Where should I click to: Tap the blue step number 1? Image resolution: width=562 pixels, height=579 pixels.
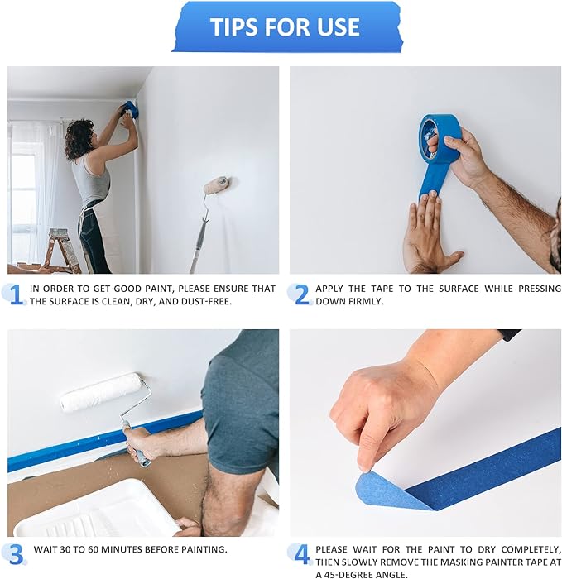pyautogui.click(x=15, y=294)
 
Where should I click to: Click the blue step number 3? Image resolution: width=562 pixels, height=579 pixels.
pyautogui.click(x=15, y=553)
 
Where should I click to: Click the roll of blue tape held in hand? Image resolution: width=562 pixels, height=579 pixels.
pyautogui.click(x=439, y=137)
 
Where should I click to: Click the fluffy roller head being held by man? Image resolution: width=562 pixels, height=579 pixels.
pyautogui.click(x=101, y=392)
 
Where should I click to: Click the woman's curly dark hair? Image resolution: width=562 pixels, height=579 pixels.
pyautogui.click(x=79, y=138)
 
